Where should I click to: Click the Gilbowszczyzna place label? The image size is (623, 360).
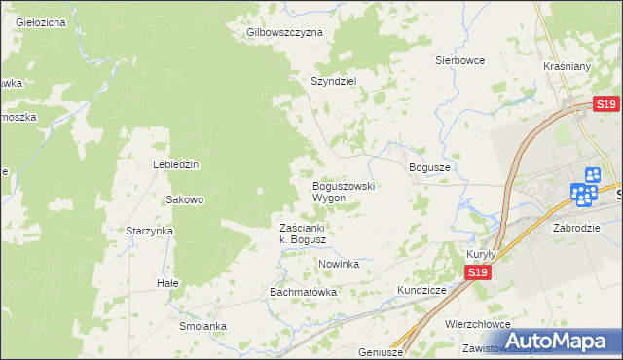tap(285, 32)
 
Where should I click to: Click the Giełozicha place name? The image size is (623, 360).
tap(34, 21)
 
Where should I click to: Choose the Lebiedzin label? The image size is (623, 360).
tap(175, 164)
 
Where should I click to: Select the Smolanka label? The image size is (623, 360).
tap(202, 326)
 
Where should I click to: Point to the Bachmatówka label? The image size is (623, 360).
tap(303, 292)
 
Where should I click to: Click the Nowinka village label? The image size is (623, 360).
tap(339, 264)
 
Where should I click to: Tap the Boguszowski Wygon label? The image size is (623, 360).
tap(343, 192)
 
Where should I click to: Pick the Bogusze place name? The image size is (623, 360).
tap(429, 167)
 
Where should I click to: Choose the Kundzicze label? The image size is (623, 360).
tap(421, 290)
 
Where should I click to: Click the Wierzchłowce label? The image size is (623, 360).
tap(477, 325)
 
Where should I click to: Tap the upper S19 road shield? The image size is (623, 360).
tap(605, 105)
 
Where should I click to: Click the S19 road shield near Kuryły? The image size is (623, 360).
tap(476, 273)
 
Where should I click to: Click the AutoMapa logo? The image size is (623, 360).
tap(552, 340)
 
